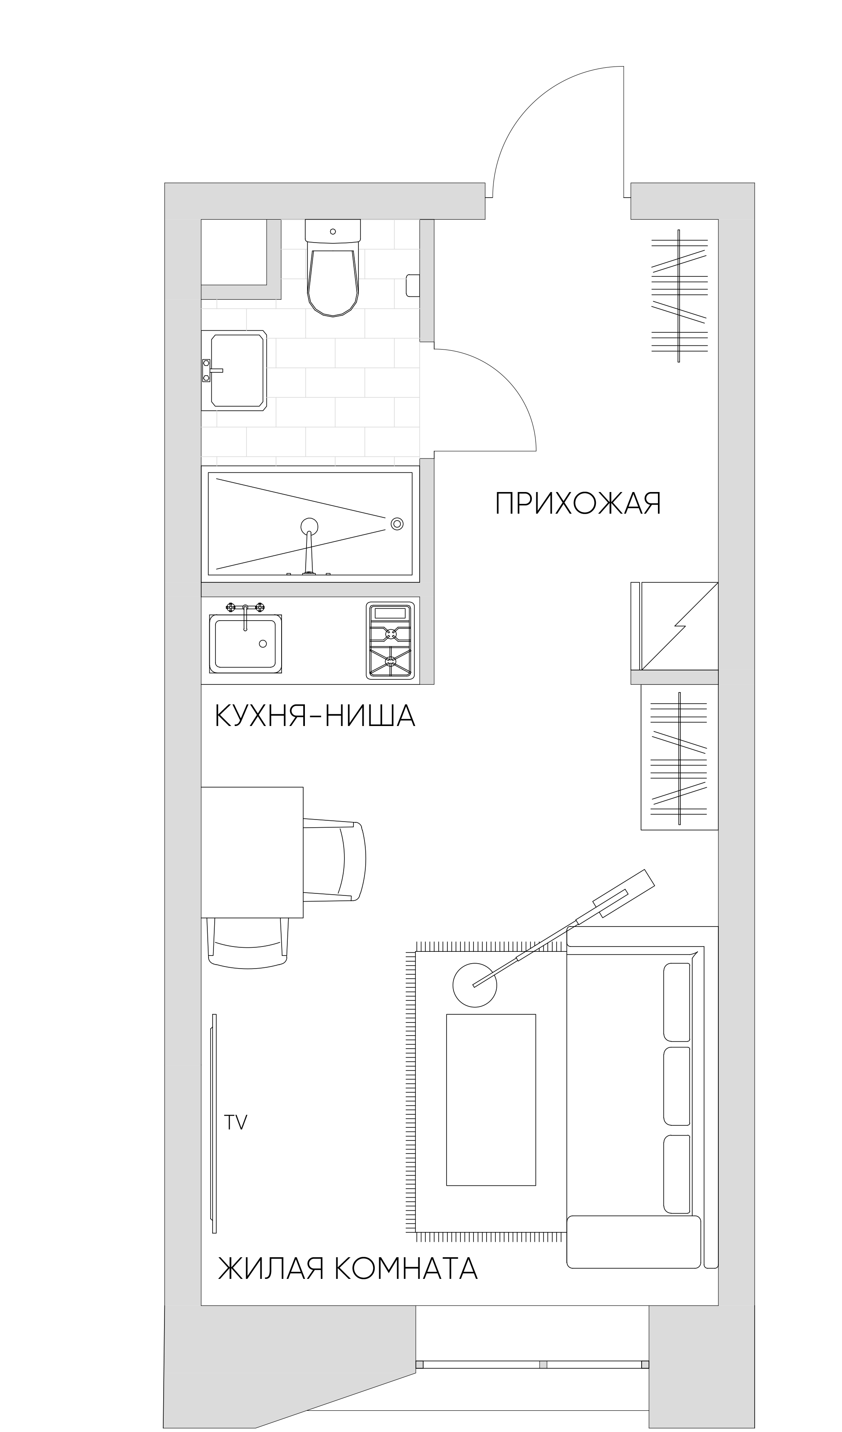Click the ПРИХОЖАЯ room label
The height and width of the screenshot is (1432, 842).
[578, 503]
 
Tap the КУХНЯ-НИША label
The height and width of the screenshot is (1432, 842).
[314, 716]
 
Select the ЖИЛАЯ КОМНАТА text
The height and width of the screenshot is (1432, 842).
[347, 1268]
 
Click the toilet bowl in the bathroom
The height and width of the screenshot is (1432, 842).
[333, 281]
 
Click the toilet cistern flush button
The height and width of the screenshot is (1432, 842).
[333, 231]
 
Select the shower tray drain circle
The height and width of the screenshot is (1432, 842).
[397, 523]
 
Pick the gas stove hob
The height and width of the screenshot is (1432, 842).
[390, 640]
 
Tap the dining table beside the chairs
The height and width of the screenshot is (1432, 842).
[252, 853]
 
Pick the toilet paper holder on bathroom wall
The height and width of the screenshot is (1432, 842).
[413, 286]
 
